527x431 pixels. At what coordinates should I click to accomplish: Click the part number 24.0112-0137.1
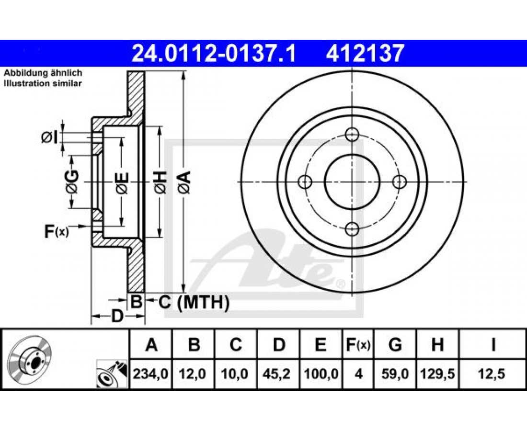[213, 54]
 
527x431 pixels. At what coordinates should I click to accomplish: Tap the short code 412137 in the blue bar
[364, 54]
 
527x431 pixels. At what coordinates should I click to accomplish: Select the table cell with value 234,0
[150, 374]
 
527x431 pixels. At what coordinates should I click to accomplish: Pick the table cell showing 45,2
[279, 374]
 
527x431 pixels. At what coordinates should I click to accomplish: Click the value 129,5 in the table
[437, 374]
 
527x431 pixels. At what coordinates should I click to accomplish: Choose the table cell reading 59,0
[395, 374]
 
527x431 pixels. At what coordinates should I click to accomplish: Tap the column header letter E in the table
[321, 345]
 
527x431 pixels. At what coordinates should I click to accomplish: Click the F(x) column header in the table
[358, 345]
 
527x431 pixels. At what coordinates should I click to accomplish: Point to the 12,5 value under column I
[493, 374]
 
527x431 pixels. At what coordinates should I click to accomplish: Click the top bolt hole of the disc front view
[352, 135]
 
